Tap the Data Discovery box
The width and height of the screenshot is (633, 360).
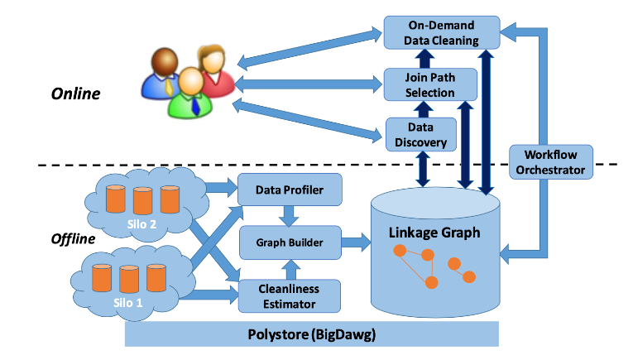[421, 135]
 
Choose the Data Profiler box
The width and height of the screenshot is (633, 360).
[290, 190]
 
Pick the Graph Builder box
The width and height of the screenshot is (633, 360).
[290, 242]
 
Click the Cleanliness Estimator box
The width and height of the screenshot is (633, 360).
[290, 295]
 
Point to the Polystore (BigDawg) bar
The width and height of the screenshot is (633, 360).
[312, 334]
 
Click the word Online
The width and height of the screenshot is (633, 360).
[75, 94]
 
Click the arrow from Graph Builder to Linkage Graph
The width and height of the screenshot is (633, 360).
[357, 242]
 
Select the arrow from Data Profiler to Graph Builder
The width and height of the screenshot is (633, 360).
[290, 216]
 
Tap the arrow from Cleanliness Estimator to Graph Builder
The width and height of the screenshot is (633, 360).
[290, 269]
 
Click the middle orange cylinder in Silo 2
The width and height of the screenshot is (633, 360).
[143, 200]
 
